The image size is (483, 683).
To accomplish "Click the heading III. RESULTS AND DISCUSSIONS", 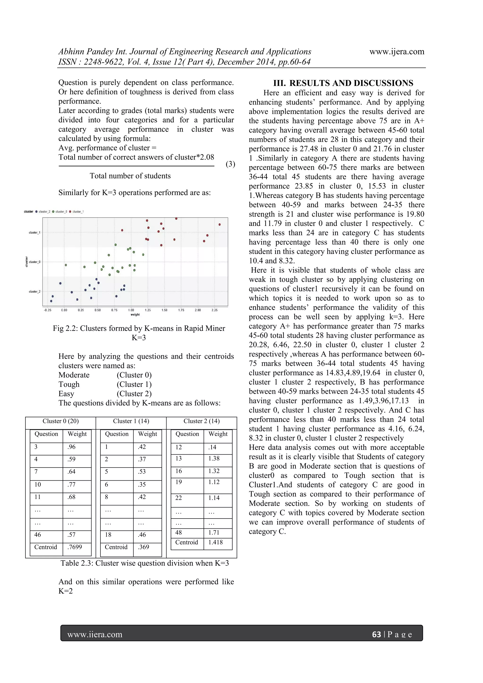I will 343,83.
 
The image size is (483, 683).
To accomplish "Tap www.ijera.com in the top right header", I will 396,52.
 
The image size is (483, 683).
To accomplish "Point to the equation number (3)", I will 230,164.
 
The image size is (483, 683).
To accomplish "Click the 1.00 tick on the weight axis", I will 131,310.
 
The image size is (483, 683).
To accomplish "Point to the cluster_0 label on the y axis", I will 34,262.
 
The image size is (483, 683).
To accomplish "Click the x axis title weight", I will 135,314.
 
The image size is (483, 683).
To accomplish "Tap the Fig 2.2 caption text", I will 139,328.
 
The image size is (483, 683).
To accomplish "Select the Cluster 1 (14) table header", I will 131,421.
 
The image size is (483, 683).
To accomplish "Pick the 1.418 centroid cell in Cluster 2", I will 215,542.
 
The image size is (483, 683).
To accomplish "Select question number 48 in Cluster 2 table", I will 179,532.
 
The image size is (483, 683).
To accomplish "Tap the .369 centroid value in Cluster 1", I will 143,547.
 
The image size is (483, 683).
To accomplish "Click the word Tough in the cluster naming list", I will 69,384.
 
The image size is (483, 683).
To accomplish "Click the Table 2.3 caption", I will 145,563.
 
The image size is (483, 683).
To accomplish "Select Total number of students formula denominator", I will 130,176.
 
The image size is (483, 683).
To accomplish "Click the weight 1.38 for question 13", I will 214,458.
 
